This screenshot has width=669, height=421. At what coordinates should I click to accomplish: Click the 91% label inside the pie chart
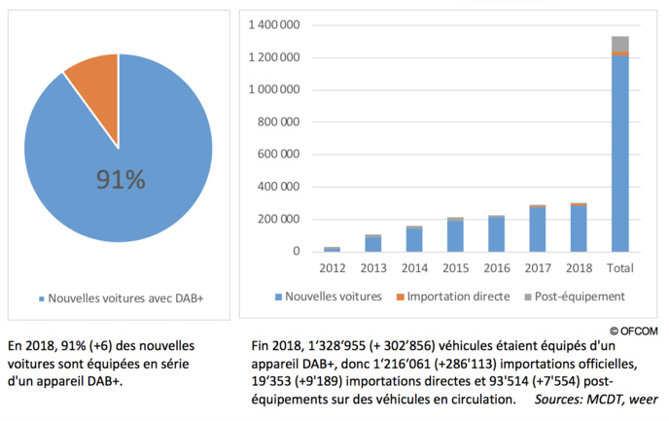point(121,179)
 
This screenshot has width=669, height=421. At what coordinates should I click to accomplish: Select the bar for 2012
point(333,249)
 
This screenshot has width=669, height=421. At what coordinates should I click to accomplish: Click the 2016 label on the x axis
point(496,266)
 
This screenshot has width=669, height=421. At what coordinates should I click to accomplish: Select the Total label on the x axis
point(620,266)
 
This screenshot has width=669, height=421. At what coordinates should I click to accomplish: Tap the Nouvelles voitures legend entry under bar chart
point(326,296)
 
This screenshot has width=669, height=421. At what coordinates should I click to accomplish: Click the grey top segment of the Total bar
point(620,44)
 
